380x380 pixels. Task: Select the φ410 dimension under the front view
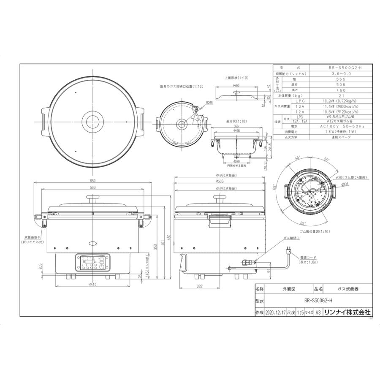click(x=92, y=284)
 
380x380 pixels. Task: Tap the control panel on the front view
click(x=92, y=263)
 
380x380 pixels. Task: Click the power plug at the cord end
click(x=289, y=252)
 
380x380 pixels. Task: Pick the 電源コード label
click(x=307, y=257)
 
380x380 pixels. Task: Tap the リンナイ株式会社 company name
click(x=350, y=312)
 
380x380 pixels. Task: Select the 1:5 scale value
click(x=300, y=312)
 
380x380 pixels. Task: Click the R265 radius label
click(x=210, y=103)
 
